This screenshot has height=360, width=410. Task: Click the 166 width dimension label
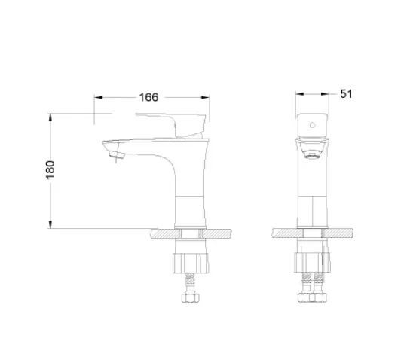pos(148,97)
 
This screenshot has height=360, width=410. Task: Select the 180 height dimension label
pos(50,169)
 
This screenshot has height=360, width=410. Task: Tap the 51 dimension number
pos(346,94)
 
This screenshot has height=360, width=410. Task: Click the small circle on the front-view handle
pos(312,125)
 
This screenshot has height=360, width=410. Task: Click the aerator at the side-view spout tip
pos(116,155)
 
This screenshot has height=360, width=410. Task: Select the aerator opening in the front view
pos(312,155)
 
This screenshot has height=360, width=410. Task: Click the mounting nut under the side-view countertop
pos(191,263)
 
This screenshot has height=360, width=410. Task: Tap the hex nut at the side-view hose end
pos(191,297)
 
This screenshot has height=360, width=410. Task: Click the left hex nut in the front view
pos(304,297)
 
